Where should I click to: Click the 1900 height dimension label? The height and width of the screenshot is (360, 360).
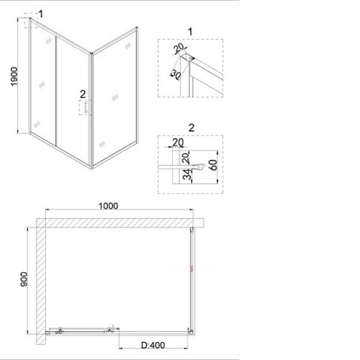[14, 76]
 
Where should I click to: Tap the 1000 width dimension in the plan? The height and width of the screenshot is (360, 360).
[108, 206]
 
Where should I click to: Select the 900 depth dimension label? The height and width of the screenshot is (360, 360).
[24, 279]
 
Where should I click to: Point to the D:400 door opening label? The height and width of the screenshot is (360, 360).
[153, 346]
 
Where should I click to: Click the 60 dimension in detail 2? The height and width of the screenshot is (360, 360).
[213, 165]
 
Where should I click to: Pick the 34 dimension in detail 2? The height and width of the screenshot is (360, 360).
[188, 174]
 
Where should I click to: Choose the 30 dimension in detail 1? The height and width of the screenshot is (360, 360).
[176, 75]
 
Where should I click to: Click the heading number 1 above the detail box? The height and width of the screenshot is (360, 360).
[190, 32]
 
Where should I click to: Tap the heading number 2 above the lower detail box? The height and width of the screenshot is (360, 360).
[192, 127]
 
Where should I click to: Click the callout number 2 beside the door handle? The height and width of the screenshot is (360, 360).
[83, 94]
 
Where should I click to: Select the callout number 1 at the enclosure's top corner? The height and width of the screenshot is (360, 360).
[41, 14]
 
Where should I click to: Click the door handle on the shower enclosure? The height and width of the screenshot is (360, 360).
[85, 107]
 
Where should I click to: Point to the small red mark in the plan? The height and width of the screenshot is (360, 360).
[192, 269]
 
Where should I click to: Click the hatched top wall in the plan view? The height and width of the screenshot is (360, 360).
[120, 223]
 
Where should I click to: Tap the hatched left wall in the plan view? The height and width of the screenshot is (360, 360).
[41, 282]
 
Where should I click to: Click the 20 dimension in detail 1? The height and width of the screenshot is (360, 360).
[179, 48]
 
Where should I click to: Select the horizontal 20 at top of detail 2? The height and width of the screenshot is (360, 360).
[178, 143]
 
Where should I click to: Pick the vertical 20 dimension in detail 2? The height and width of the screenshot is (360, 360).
[186, 158]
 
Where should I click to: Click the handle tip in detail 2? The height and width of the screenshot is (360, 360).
[204, 166]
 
